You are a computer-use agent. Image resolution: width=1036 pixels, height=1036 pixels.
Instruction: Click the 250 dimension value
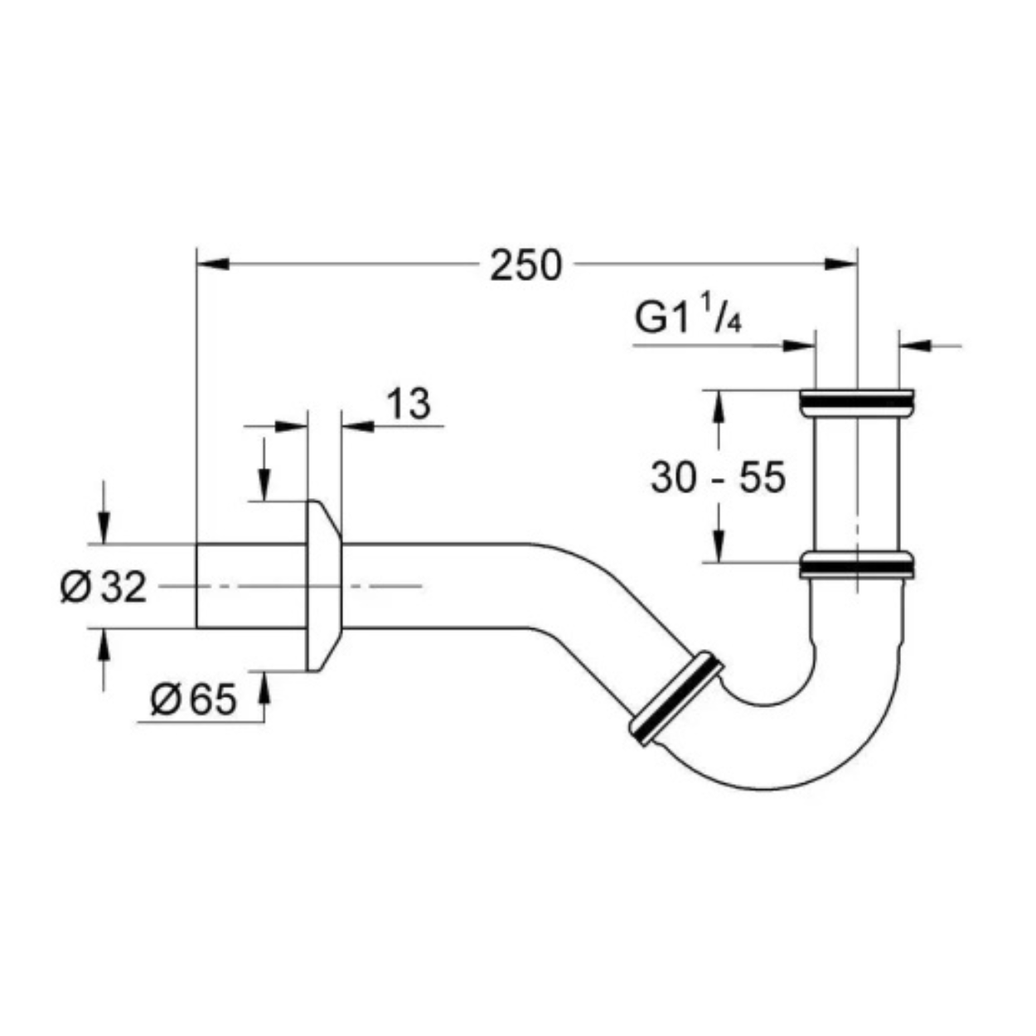[525, 265]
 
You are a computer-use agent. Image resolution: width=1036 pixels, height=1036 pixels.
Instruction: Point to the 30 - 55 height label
[719, 477]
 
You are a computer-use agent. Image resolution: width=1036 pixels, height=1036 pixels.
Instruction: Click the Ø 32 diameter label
[104, 587]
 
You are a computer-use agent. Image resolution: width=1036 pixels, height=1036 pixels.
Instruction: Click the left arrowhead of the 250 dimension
[213, 264]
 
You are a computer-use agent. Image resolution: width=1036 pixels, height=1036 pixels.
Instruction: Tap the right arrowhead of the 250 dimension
[840, 264]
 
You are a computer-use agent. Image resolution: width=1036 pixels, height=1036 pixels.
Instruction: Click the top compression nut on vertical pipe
[857, 401]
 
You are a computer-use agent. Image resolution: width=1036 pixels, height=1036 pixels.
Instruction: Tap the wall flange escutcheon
[324, 586]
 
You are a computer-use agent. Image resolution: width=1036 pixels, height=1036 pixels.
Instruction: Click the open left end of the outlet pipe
[196, 586]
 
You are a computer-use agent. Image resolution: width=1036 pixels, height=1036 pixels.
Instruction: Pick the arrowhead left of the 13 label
[291, 427]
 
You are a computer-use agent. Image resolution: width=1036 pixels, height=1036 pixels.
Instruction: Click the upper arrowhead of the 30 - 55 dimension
[719, 406]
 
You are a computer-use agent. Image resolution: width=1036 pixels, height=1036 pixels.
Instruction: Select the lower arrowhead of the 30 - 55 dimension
[719, 547]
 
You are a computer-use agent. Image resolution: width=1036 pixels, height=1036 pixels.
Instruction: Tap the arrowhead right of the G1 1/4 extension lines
[915, 346]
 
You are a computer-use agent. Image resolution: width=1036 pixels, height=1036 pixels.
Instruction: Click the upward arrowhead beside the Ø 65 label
[264, 688]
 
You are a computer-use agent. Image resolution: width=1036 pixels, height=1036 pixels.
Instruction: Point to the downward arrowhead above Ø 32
[104, 529]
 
